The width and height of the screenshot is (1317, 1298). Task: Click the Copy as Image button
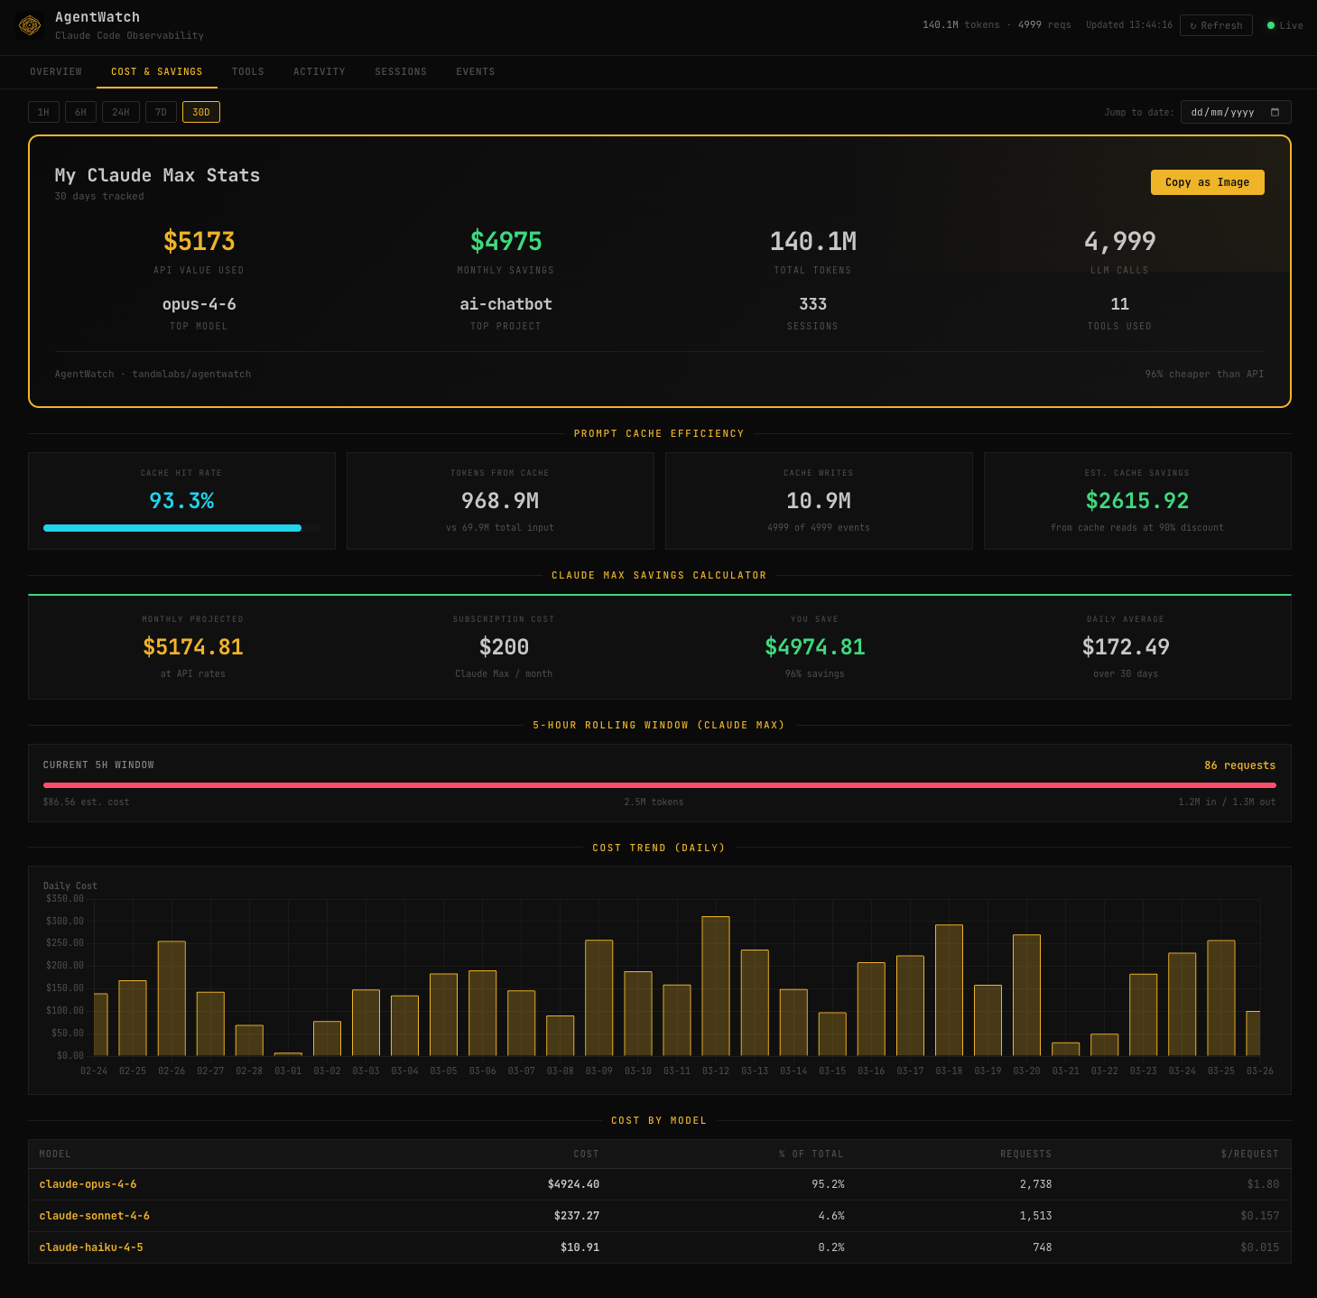(x=1207, y=182)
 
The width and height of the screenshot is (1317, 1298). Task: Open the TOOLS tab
(x=247, y=72)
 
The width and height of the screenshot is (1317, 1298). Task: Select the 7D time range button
(x=161, y=112)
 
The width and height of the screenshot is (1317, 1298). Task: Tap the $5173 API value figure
(x=199, y=242)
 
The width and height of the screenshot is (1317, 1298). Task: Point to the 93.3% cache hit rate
(x=181, y=501)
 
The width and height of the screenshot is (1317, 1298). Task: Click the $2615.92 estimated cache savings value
(x=1136, y=501)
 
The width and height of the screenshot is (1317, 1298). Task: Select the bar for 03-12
(x=716, y=986)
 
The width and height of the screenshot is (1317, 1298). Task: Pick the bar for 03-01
(x=288, y=1053)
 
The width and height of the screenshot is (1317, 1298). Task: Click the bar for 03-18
(x=949, y=990)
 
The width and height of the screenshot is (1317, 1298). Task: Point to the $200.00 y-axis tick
(x=64, y=966)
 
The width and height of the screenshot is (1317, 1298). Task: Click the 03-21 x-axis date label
(x=1065, y=1071)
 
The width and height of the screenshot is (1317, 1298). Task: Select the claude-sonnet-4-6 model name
(x=95, y=1216)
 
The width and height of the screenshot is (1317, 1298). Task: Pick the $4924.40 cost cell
(x=573, y=1184)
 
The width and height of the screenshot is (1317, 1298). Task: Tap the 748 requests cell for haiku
(x=1042, y=1247)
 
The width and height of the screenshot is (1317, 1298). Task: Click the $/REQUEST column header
(x=1249, y=1154)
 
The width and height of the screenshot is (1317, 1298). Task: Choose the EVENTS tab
(x=475, y=72)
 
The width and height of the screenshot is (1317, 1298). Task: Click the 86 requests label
(x=1239, y=765)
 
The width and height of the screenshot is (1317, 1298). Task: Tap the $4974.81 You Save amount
(x=814, y=647)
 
